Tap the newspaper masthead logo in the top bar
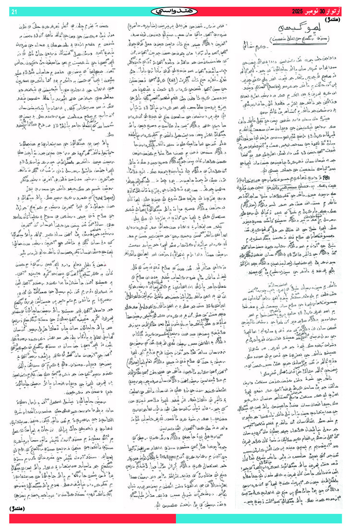click(x=180, y=11)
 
